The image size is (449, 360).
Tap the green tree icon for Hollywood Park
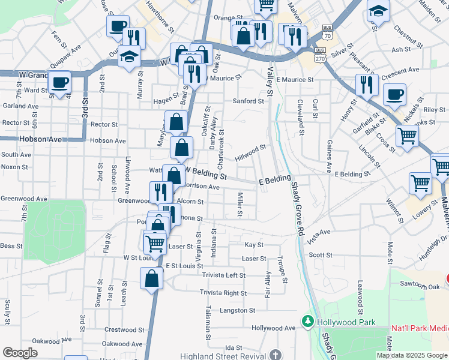[308, 322]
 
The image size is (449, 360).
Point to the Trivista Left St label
[224, 275]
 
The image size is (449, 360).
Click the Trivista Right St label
[223, 293]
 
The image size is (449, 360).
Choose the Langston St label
[237, 310]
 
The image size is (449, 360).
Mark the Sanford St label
[249, 101]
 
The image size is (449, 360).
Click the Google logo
[20, 352]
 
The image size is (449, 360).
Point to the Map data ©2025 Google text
[411, 355]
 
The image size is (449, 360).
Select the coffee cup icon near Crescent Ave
[394, 95]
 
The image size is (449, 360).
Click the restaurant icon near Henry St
[366, 85]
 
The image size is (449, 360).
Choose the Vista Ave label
[319, 232]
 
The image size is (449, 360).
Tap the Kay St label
[254, 245]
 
